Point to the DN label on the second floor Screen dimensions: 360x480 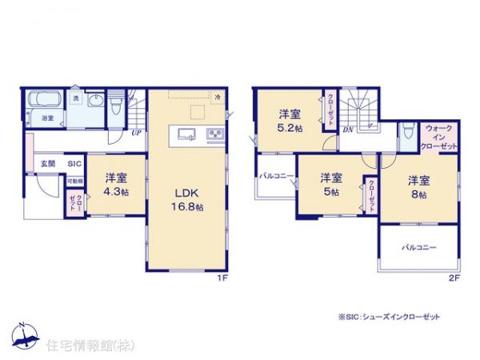tap(349, 128)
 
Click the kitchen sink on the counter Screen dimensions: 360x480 tap(185, 133)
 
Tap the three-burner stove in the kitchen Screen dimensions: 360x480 tap(214, 133)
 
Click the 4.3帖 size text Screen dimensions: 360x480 tap(117, 194)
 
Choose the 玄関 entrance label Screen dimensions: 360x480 tap(48, 163)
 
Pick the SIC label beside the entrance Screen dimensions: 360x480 tap(74, 163)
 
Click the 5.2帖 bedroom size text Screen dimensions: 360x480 tap(289, 128)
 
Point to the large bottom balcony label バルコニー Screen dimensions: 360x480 tap(418, 248)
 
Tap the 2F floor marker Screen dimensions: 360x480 tap(453, 278)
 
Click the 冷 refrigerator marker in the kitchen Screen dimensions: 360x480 tap(218, 96)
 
